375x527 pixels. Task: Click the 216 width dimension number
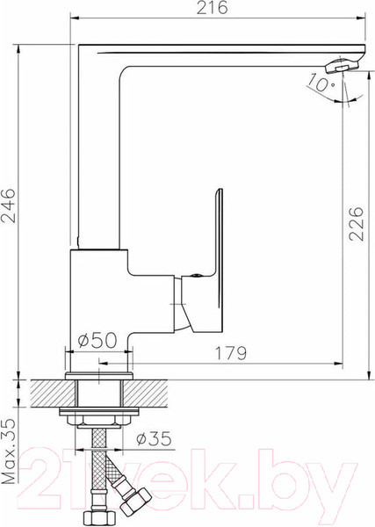coord(212,8)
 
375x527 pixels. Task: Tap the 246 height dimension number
coord(8,206)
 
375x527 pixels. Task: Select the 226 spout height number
coord(357,224)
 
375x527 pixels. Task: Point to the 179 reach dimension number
coord(230,353)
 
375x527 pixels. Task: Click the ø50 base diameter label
coord(97,340)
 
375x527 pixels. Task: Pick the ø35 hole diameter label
coord(154,438)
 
